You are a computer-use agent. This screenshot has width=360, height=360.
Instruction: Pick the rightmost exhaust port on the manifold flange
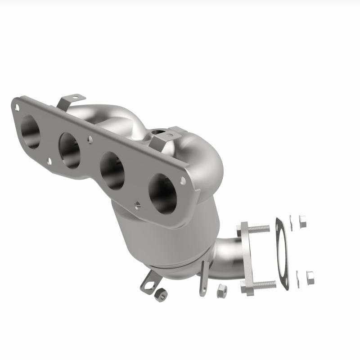162,194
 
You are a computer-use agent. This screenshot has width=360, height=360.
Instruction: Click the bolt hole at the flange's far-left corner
17,107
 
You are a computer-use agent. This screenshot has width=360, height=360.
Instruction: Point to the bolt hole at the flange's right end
183,180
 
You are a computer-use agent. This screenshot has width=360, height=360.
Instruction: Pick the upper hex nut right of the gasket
302,221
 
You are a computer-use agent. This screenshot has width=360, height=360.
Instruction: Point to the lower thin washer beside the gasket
297,277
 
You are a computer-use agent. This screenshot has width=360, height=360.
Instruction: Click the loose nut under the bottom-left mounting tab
160,295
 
